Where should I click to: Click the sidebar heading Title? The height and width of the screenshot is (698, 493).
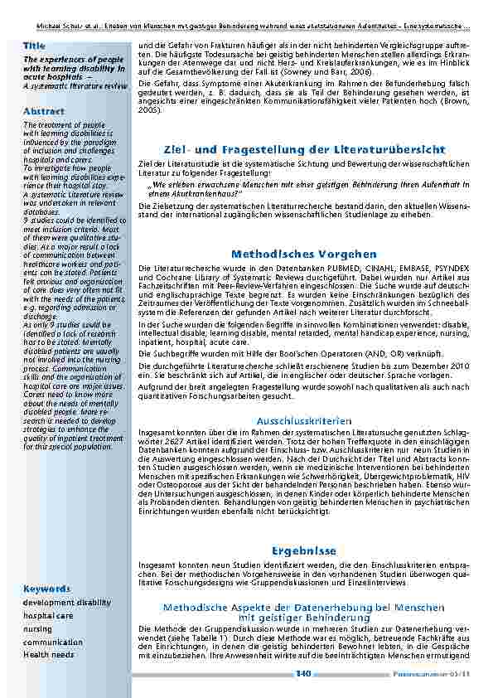click(35, 45)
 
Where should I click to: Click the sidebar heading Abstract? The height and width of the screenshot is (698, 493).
click(44, 111)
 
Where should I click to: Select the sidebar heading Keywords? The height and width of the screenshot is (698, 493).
click(46, 589)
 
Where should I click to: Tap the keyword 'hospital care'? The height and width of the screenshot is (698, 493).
click(48, 616)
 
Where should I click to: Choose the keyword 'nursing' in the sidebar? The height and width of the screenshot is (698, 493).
click(37, 629)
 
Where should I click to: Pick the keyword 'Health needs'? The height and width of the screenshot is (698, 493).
click(48, 655)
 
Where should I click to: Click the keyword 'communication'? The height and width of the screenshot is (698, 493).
click(53, 642)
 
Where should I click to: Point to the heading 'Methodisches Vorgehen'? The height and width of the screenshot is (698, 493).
click(304, 254)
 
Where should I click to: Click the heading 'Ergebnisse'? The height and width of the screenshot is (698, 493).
click(303, 551)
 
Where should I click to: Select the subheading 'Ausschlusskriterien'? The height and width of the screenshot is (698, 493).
click(304, 421)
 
